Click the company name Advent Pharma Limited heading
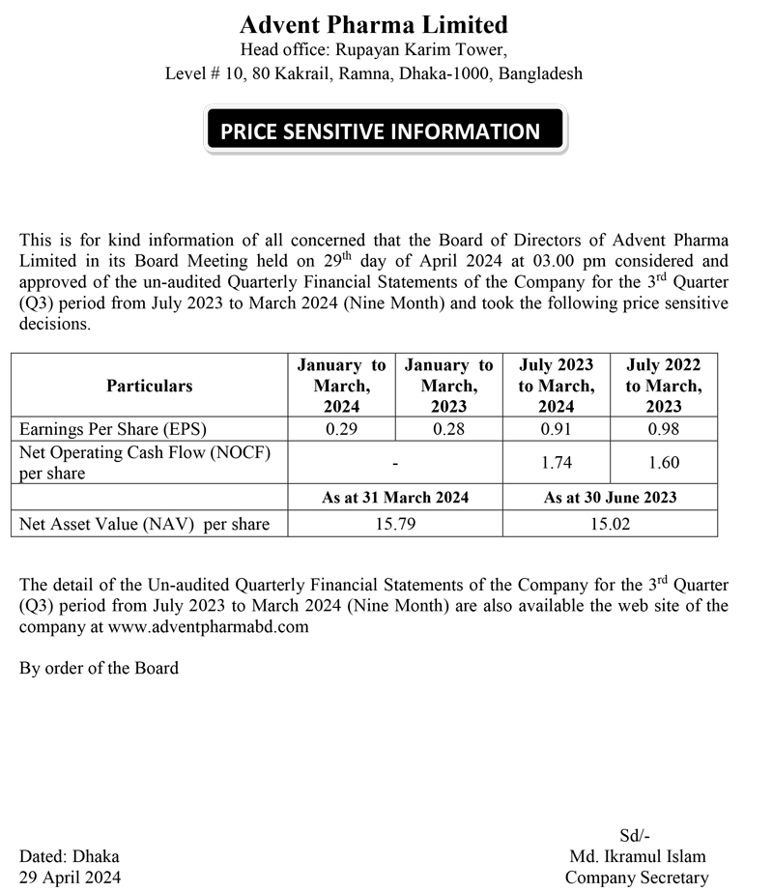click(x=373, y=24)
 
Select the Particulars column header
click(x=150, y=386)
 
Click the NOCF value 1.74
click(x=556, y=463)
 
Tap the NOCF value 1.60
click(x=664, y=463)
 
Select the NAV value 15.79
click(x=395, y=525)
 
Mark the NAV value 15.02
click(x=610, y=525)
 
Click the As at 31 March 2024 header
click(x=395, y=497)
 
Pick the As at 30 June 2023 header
click(x=610, y=497)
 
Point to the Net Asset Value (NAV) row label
click(x=145, y=525)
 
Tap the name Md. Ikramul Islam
click(x=638, y=856)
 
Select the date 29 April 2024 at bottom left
click(x=71, y=878)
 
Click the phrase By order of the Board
click(x=99, y=668)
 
